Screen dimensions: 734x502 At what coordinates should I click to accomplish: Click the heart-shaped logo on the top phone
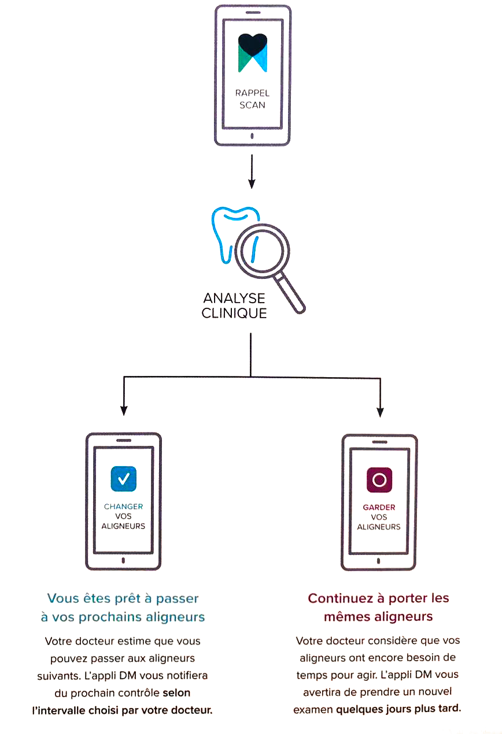click(x=252, y=53)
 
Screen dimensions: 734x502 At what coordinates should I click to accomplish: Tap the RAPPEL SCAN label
click(x=252, y=99)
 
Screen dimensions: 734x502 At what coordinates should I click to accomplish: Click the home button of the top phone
click(x=252, y=136)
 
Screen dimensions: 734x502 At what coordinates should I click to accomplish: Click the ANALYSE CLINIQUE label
click(x=234, y=306)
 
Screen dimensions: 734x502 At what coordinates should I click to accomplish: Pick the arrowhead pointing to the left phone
click(x=123, y=411)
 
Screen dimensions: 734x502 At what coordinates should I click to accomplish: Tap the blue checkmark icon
click(x=123, y=479)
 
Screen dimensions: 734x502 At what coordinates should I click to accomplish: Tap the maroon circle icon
click(x=379, y=480)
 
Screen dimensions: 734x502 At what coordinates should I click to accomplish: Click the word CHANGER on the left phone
click(x=123, y=506)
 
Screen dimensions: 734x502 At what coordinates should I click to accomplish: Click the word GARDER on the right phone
click(x=379, y=507)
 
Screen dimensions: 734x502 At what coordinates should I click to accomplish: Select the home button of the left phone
click(x=123, y=561)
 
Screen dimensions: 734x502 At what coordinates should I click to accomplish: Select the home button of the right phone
click(x=379, y=561)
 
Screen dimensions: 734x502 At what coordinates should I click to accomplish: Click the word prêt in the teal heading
click(x=121, y=598)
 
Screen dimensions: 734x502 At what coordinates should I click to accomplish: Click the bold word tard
click(x=449, y=708)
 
